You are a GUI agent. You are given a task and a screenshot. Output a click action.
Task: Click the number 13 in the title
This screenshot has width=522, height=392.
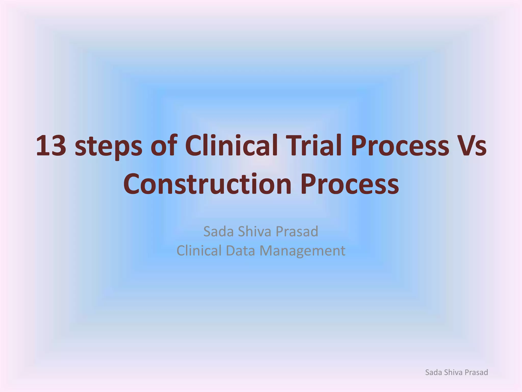pyautogui.click(x=51, y=146)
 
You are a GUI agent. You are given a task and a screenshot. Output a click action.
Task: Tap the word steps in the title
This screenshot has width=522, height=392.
pyautogui.click(x=108, y=147)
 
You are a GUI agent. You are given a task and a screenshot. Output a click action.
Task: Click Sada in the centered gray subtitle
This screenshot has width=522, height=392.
pyautogui.click(x=218, y=231)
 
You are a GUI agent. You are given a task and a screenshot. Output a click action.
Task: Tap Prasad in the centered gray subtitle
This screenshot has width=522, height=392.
pyautogui.click(x=297, y=231)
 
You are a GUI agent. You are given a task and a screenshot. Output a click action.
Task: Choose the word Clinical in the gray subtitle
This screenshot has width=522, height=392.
pyautogui.click(x=199, y=251)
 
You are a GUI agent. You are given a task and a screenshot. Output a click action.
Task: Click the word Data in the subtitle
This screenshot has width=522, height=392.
pyautogui.click(x=240, y=251)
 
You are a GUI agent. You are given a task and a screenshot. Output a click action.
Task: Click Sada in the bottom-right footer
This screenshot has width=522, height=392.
pyautogui.click(x=433, y=372)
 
